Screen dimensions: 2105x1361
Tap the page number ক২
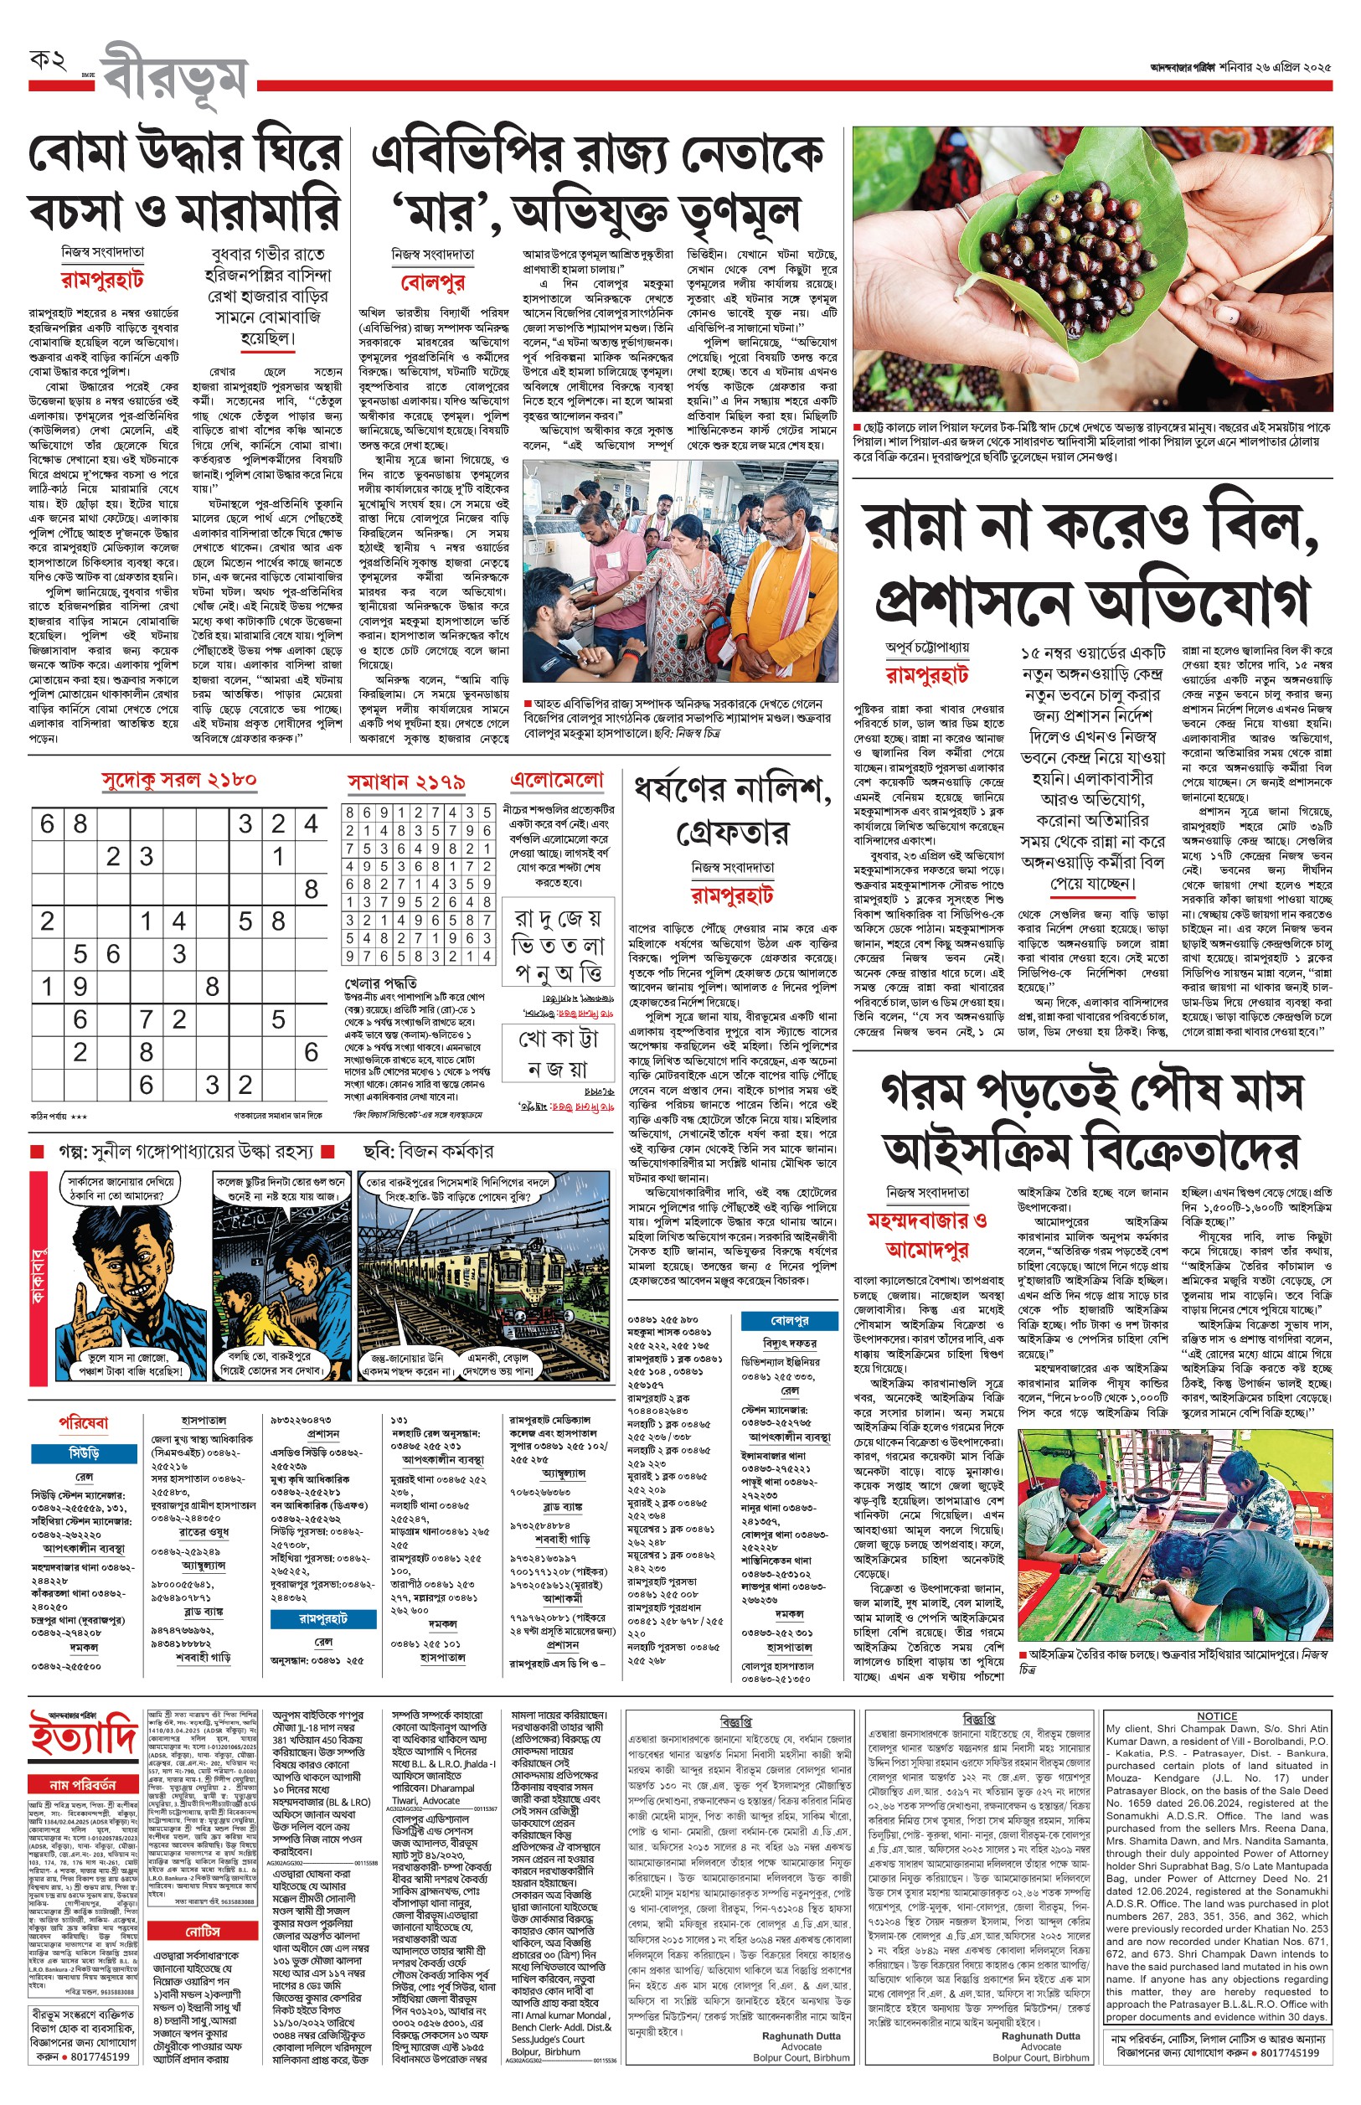tap(48, 61)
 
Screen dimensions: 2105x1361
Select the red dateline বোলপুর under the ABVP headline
tap(432, 283)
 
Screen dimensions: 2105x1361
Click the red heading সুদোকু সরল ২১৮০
tap(178, 781)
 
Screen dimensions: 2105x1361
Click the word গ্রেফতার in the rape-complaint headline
tap(731, 832)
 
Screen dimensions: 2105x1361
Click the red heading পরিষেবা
tap(84, 1423)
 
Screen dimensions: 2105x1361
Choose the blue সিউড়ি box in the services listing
tap(84, 1452)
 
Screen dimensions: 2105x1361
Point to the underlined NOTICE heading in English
tap(1216, 1715)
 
